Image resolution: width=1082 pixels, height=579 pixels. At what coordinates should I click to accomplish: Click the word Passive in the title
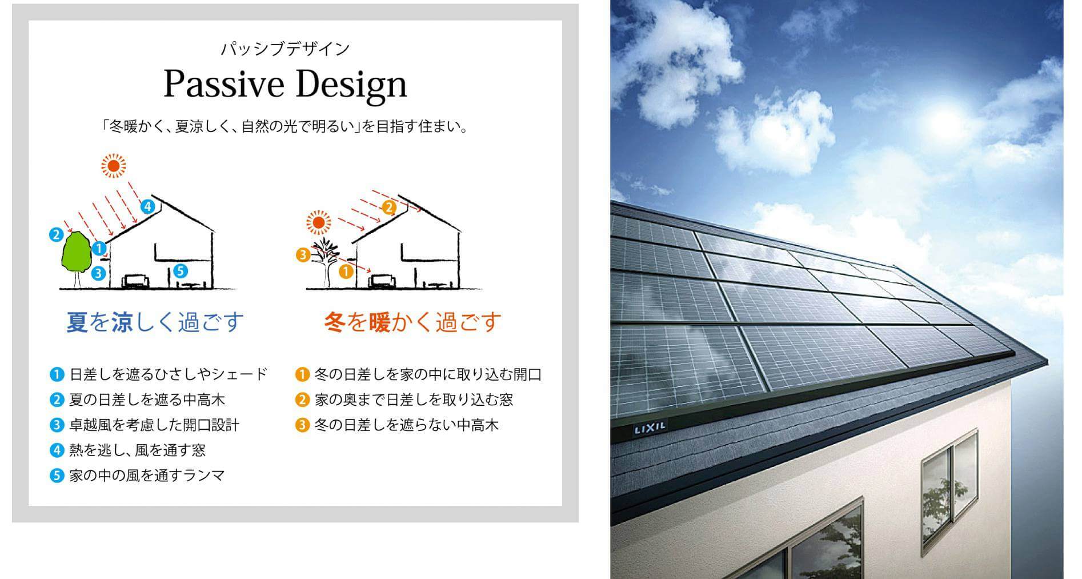pyautogui.click(x=224, y=85)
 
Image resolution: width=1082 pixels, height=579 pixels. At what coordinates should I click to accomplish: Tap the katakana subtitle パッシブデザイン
pyautogui.click(x=285, y=49)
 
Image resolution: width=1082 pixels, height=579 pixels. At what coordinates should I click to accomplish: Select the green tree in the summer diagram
pyautogui.click(x=76, y=257)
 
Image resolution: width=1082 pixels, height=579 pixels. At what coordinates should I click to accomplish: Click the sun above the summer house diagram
pyautogui.click(x=113, y=166)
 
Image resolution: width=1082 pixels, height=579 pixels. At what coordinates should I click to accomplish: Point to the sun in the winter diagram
pyautogui.click(x=319, y=222)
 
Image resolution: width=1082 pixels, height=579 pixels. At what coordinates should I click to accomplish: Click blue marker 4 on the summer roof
pyautogui.click(x=148, y=206)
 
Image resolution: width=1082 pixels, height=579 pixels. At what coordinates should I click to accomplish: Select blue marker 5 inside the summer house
pyautogui.click(x=179, y=270)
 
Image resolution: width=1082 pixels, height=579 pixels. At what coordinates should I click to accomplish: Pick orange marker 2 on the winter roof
pyautogui.click(x=389, y=207)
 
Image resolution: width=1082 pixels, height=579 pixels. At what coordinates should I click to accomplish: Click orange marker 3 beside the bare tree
pyautogui.click(x=303, y=255)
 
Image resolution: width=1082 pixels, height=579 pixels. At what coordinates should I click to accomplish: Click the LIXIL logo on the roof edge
pyautogui.click(x=650, y=428)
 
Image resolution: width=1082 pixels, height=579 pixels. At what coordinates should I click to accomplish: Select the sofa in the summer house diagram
pyautogui.click(x=137, y=281)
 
